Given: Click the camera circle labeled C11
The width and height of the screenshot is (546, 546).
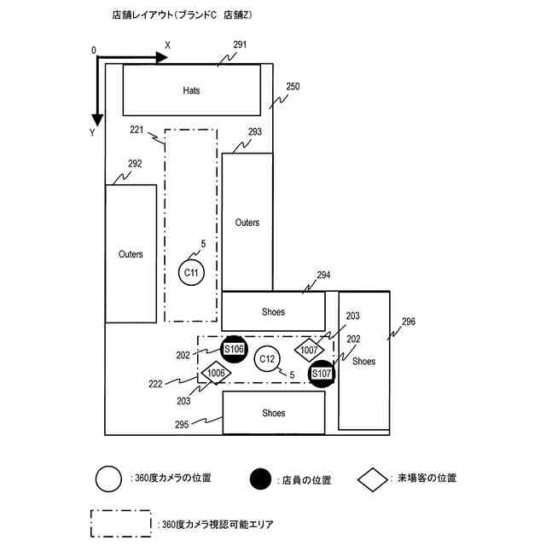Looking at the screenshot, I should [192, 273].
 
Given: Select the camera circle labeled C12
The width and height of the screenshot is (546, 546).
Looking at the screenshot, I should [267, 360].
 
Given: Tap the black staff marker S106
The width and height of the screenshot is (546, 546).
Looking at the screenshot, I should [234, 349].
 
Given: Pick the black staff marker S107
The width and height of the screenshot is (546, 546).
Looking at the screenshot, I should [321, 374].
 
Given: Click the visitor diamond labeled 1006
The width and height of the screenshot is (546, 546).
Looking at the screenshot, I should [216, 373].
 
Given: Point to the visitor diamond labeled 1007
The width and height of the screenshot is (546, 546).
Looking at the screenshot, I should [309, 350].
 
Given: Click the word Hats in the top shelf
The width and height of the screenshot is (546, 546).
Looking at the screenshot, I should [192, 90].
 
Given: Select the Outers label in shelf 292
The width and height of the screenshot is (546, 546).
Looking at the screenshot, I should [131, 254].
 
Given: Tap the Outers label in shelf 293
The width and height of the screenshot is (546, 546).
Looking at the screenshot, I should [247, 223].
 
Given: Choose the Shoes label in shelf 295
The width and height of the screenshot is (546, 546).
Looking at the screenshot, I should [274, 413].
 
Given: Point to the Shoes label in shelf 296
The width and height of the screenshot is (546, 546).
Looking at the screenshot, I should [363, 361].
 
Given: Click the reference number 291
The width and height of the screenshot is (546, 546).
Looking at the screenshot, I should [240, 44].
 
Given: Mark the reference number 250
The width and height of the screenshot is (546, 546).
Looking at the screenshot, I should [293, 86].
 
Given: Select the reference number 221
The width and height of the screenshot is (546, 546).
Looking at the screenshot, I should [136, 130].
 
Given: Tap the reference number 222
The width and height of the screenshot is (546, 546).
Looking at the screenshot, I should [154, 384].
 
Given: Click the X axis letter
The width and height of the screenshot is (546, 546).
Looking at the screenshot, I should [168, 44].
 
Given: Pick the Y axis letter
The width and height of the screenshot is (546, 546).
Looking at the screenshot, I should [92, 133].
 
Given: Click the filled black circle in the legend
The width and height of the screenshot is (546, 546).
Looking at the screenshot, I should [262, 480].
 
